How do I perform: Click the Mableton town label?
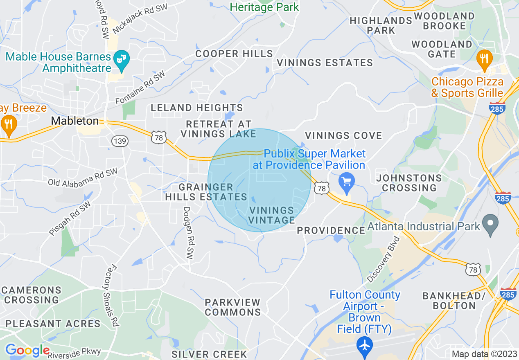75,121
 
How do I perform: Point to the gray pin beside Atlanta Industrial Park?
490,225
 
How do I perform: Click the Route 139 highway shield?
120,142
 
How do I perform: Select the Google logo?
27,350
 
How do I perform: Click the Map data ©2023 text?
484,354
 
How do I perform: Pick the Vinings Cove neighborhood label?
343,135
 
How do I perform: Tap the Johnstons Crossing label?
409,183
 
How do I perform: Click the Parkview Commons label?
232,307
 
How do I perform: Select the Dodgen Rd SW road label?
188,232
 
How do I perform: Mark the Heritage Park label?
264,7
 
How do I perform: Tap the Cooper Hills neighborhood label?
234,54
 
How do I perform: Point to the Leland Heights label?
197,108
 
